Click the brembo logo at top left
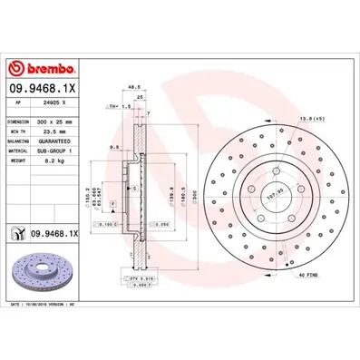tap(39, 69)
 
